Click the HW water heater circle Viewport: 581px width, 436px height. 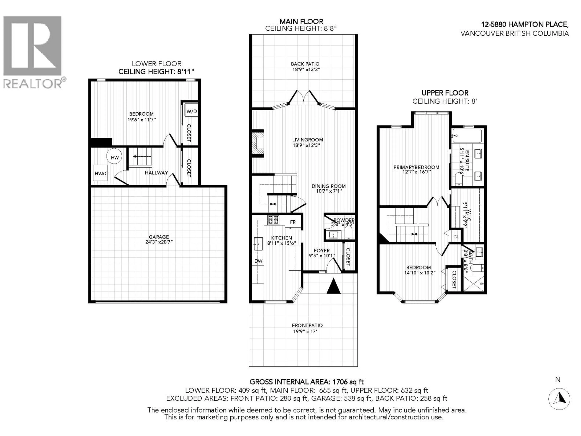point(115,157)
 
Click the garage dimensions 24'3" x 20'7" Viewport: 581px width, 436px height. point(159,242)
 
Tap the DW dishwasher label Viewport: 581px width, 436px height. point(258,261)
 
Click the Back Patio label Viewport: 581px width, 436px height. point(305,64)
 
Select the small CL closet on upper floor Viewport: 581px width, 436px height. point(456,236)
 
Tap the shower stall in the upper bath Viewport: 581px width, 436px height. point(473,283)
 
